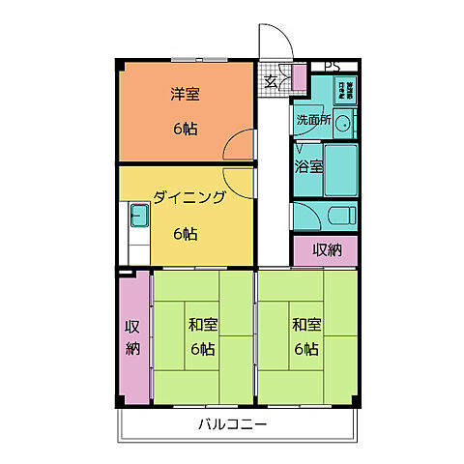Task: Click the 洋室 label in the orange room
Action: coord(185,95)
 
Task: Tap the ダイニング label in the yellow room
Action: coord(189,198)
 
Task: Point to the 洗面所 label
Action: coord(313,121)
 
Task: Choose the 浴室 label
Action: coord(308,165)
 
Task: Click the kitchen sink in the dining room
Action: coord(136,217)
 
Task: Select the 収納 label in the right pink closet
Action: coord(326,249)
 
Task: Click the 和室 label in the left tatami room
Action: coord(202,324)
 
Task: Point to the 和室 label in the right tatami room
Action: coord(305,324)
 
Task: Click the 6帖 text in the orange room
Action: coord(185,129)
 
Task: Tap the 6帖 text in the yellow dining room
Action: coord(187,233)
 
